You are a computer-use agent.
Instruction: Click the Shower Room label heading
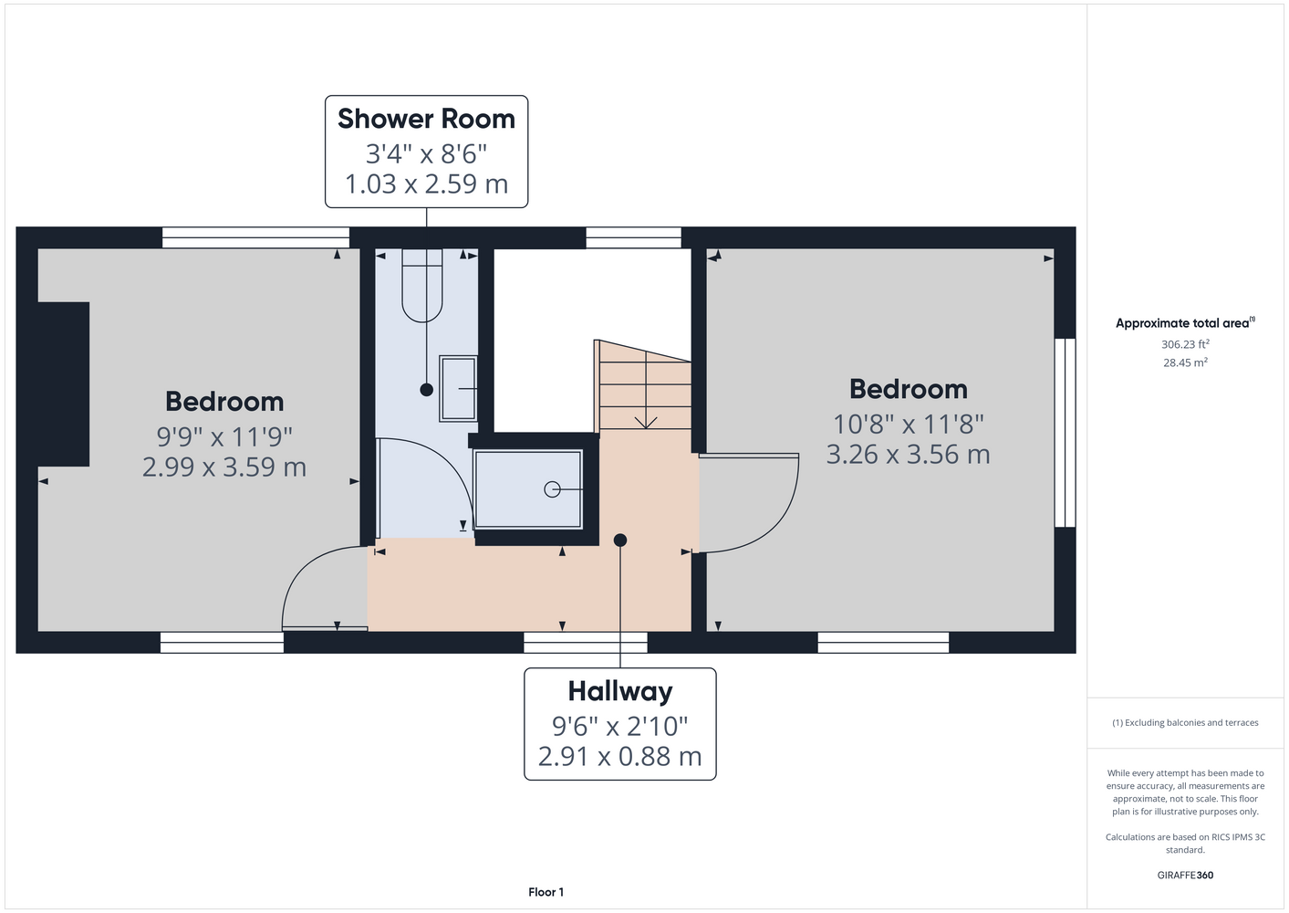tap(426, 119)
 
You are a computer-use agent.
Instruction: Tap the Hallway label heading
tap(619, 692)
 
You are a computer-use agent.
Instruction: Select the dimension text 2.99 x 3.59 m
tap(224, 467)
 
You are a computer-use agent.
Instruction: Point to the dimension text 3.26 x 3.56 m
tap(908, 454)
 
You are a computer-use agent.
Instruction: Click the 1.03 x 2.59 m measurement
tap(426, 184)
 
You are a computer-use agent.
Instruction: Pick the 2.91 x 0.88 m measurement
tap(619, 756)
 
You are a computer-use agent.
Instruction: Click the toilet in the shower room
tap(421, 285)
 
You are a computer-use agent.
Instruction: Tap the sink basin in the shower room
tap(458, 389)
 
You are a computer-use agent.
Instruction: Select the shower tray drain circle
tap(552, 489)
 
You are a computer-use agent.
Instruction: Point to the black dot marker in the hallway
tap(619, 540)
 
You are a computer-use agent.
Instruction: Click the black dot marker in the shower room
tap(426, 390)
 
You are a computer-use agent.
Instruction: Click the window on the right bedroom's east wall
tap(1065, 433)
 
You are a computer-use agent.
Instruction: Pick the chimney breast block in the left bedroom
tap(63, 384)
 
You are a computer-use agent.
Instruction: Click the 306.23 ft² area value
tap(1185, 344)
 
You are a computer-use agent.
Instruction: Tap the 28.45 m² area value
tap(1185, 362)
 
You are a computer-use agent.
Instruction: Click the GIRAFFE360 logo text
tap(1185, 875)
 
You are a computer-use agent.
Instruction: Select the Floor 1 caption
tap(546, 892)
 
